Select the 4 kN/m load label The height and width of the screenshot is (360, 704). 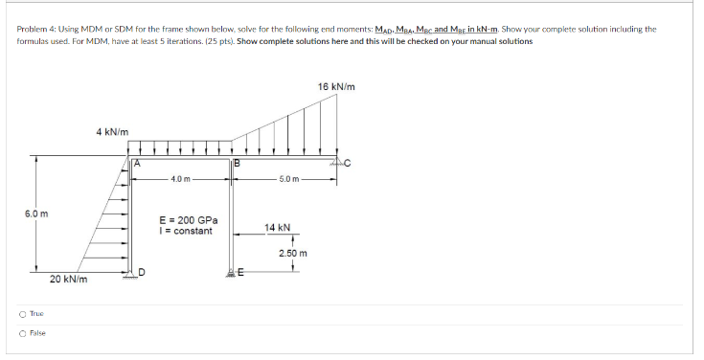pos(113,131)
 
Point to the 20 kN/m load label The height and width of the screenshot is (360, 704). pos(69,280)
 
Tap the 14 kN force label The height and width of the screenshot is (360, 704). pos(278,228)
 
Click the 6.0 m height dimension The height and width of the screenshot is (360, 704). pos(24,214)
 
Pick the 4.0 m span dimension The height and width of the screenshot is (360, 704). pos(182,179)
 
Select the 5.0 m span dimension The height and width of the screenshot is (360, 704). pos(290,179)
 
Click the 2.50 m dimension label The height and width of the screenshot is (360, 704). pos(293,253)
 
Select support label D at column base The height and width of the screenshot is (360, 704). pos(141,272)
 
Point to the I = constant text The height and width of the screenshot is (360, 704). pos(186,231)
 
